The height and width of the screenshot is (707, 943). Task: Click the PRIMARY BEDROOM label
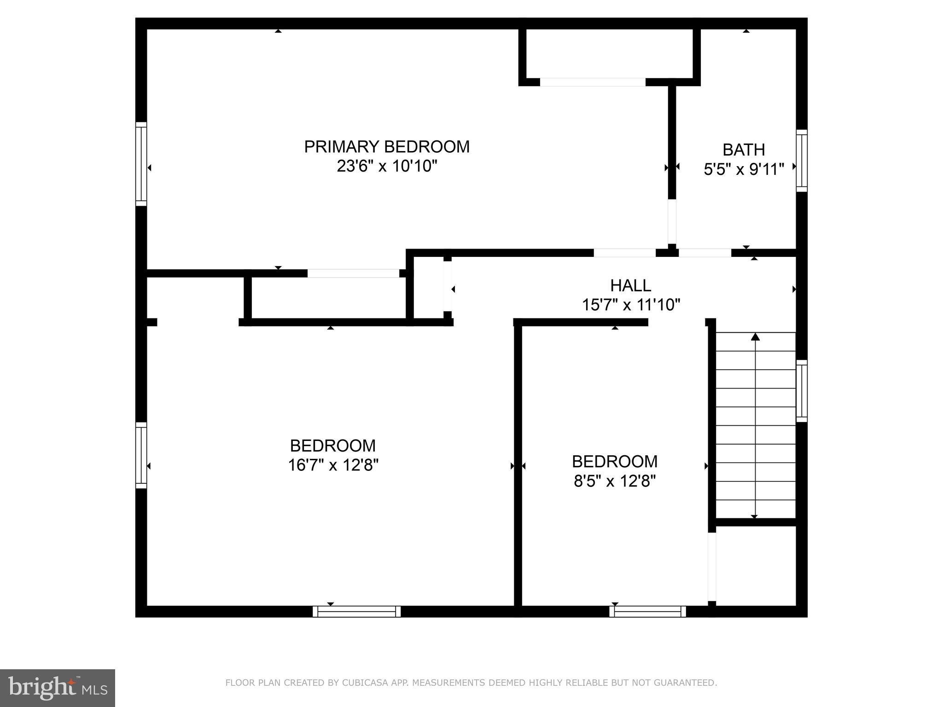387,147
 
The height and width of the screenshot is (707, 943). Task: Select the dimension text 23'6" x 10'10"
387,166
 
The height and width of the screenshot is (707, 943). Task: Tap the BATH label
744,150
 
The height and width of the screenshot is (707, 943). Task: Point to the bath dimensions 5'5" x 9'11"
744,169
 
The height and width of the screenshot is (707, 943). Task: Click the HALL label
630,286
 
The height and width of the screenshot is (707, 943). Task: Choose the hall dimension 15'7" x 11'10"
631,305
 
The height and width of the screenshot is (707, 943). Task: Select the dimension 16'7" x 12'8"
333,465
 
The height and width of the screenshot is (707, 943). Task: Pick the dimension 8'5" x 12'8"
614,481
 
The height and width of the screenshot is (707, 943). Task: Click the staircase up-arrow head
755,337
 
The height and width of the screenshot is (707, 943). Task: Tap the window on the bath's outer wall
802,160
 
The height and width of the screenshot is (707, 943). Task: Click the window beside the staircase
802,391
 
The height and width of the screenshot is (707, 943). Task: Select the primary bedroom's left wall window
141,164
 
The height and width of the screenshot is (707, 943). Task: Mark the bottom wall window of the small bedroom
647,611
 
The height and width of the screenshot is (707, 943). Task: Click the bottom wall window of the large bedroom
356,611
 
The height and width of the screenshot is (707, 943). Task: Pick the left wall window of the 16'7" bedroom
141,455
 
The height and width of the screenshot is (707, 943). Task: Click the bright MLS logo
57,688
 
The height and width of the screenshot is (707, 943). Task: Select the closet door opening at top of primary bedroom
592,82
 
